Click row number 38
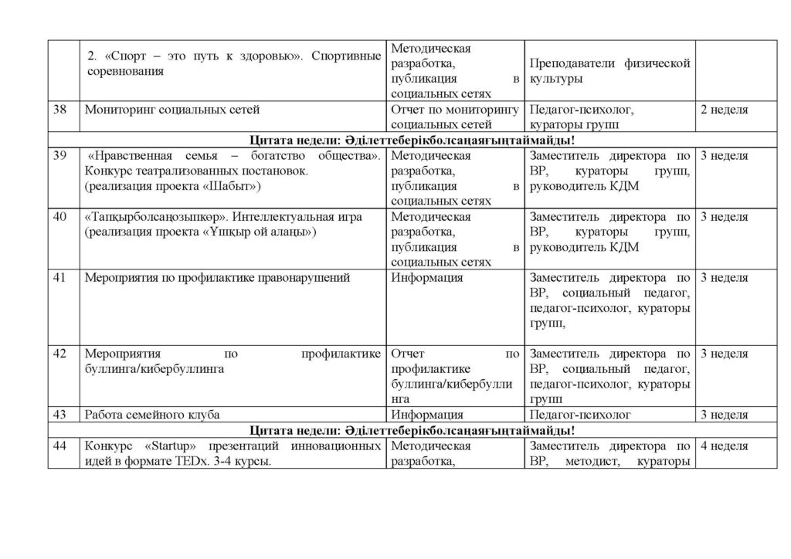pos(59,110)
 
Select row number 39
pos(59,156)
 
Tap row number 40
pos(59,217)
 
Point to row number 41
pos(59,278)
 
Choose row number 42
pos(59,354)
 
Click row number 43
pos(59,415)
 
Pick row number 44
pos(59,446)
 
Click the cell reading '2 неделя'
pos(723,110)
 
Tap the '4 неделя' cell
pos(723,446)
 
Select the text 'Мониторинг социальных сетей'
pos(172,110)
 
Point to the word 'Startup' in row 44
pos(167,446)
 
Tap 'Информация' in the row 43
pos(427,415)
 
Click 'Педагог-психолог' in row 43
pos(581,415)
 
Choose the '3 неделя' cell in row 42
pos(723,354)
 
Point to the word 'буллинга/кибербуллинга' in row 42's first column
pos(154,369)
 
